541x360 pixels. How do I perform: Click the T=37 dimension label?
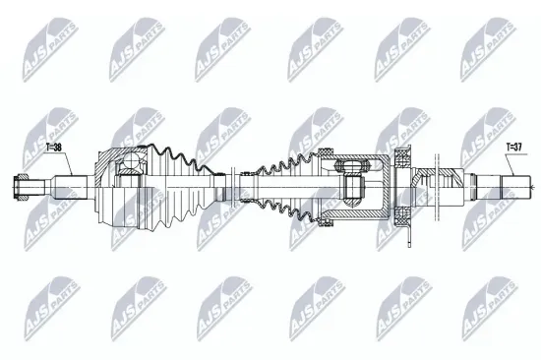pos(514,148)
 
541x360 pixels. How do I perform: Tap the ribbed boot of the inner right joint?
pos(285,181)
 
